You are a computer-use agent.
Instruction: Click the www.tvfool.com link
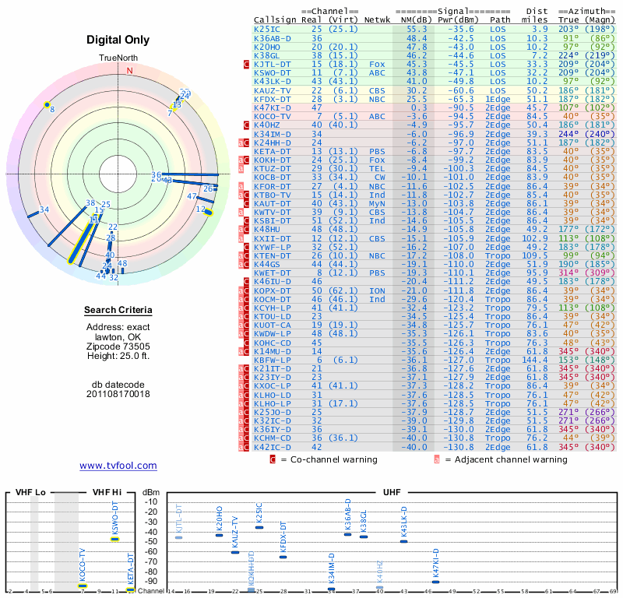point(118,466)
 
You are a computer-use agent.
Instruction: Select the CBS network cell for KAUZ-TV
point(377,90)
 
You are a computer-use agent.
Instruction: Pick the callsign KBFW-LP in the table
point(273,360)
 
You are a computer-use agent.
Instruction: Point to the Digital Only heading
point(118,40)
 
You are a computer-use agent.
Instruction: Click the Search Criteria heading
point(118,311)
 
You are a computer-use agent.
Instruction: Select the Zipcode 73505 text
point(118,346)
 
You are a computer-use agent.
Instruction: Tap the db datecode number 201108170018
point(118,393)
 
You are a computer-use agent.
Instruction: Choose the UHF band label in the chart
point(392,493)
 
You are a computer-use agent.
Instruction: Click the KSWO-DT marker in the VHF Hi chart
point(114,539)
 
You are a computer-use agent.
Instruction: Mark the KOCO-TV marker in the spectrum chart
point(83,586)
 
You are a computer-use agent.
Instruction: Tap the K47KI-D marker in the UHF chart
point(435,582)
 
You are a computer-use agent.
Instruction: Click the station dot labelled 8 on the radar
point(48,104)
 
